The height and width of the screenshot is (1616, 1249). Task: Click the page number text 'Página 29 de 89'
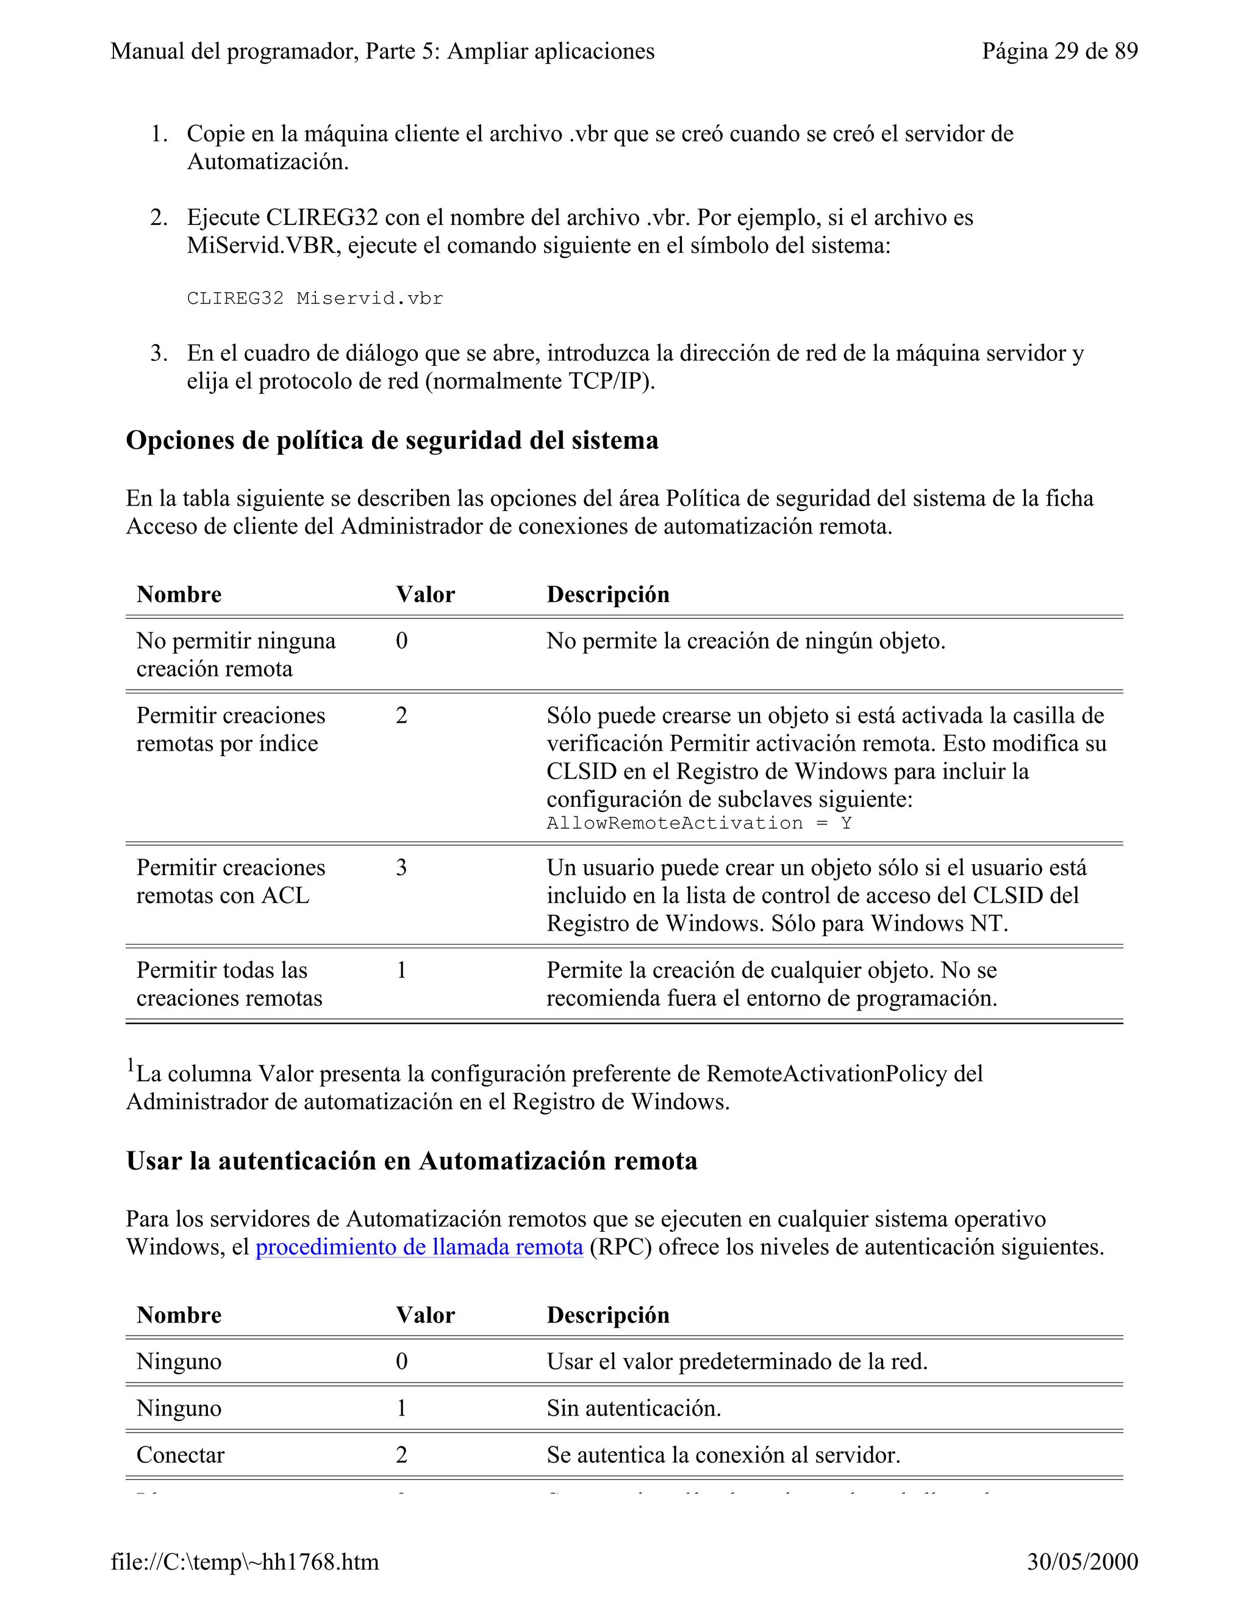click(1059, 51)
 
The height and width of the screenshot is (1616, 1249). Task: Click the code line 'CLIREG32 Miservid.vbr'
click(315, 298)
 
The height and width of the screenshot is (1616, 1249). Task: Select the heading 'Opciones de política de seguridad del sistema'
click(392, 440)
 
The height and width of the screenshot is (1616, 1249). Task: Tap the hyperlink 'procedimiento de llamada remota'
click(419, 1247)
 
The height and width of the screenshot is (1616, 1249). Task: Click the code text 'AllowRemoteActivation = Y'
click(698, 823)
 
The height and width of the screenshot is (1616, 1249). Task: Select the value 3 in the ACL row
click(401, 867)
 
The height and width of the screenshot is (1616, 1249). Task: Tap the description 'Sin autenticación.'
click(634, 1408)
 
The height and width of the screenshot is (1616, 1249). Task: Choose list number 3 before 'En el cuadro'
click(159, 353)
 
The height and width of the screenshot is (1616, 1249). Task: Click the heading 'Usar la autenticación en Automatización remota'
click(412, 1161)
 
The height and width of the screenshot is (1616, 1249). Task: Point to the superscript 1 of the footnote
click(131, 1065)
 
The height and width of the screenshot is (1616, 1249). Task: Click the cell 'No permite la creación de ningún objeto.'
click(746, 641)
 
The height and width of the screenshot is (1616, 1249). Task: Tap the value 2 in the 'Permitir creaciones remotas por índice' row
click(401, 715)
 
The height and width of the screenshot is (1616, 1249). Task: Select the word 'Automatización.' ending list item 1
click(267, 162)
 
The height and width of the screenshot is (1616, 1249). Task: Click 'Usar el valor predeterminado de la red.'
click(737, 1362)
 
